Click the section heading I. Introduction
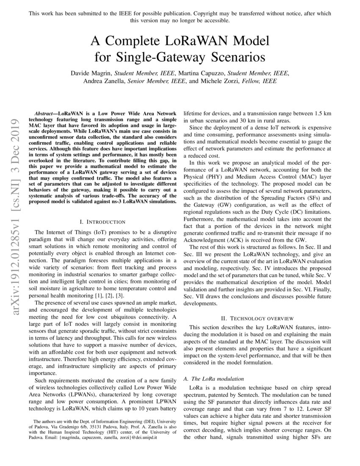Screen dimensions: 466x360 [102, 222]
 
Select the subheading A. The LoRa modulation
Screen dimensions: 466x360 [214, 378]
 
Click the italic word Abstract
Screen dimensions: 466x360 [44, 114]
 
